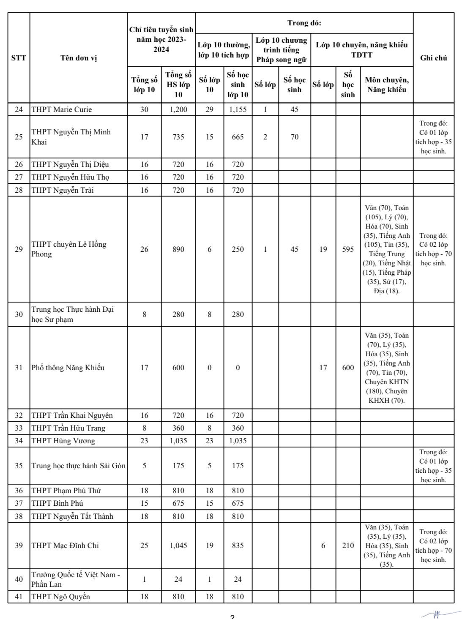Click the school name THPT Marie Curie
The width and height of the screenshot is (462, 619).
[62, 109]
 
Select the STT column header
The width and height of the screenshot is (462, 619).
[19, 58]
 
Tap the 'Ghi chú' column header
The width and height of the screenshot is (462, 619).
[433, 58]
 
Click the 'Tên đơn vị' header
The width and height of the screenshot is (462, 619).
[79, 58]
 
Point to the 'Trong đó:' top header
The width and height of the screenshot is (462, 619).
[304, 23]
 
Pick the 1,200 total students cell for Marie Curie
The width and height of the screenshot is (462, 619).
[178, 109]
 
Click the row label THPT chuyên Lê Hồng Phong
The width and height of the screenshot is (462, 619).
[69, 249]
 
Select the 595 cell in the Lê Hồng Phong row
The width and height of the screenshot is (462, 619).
[348, 249]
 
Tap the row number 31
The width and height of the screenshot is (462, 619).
[19, 368]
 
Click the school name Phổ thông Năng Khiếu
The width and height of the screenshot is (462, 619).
[68, 368]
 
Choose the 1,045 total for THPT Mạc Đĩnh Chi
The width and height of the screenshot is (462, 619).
[178, 545]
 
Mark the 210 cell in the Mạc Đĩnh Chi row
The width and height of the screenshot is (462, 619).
[348, 545]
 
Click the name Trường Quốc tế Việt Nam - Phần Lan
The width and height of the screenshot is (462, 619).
[76, 579]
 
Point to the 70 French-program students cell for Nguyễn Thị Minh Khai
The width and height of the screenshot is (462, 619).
[294, 137]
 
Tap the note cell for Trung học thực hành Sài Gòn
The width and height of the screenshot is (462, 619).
[433, 466]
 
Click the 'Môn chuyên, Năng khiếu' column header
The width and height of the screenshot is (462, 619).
[386, 85]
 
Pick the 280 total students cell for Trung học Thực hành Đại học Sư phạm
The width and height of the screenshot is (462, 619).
[178, 314]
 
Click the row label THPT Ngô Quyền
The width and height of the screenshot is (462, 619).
[61, 597]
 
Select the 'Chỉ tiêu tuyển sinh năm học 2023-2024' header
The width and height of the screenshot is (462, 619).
[161, 40]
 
